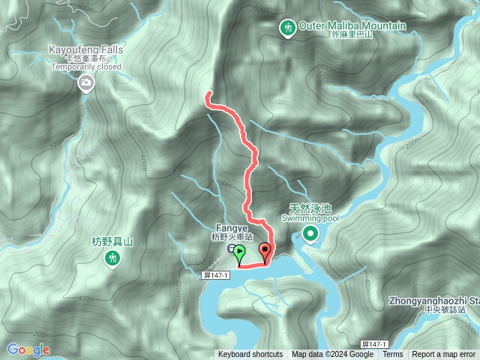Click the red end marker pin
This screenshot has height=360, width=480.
(x=265, y=251)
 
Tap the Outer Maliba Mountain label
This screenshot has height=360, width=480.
(x=352, y=26)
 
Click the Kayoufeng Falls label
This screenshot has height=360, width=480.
(x=85, y=49)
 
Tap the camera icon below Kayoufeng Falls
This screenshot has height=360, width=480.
(x=86, y=82)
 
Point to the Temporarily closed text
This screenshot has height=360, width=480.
(x=85, y=66)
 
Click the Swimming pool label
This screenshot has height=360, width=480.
(x=310, y=218)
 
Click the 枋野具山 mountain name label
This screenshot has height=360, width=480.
(x=112, y=241)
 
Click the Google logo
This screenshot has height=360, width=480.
(x=28, y=349)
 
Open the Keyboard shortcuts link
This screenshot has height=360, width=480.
(x=250, y=355)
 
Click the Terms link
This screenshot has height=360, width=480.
(x=392, y=355)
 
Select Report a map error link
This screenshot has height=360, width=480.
(x=444, y=355)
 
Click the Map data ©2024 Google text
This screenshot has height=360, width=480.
(x=332, y=355)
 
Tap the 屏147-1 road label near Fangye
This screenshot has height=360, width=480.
(x=216, y=275)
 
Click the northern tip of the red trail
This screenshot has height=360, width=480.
(x=208, y=94)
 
